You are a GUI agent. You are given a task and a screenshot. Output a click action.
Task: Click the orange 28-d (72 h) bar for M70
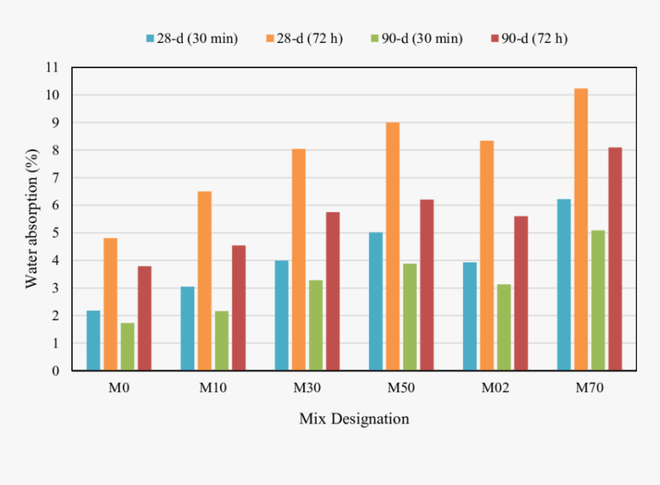pyautogui.click(x=581, y=229)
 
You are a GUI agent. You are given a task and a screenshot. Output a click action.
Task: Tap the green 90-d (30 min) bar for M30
pyautogui.click(x=315, y=325)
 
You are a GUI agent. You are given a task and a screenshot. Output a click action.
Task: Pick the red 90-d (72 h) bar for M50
pyautogui.click(x=427, y=285)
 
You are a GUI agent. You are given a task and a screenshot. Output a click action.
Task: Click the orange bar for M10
pyautogui.click(x=204, y=281)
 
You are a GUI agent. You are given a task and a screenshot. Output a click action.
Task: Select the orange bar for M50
pyautogui.click(x=393, y=246)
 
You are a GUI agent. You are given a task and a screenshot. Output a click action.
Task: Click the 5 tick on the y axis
pyautogui.click(x=54, y=233)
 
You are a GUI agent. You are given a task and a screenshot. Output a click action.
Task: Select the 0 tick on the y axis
pyautogui.click(x=54, y=371)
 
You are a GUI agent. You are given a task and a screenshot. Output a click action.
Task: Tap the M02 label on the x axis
pyautogui.click(x=495, y=388)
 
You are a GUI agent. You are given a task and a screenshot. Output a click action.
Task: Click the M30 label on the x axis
pyautogui.click(x=307, y=388)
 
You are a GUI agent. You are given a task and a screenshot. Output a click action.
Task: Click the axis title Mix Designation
pyautogui.click(x=354, y=419)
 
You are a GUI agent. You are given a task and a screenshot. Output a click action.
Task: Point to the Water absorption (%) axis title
pyautogui.click(x=31, y=219)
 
